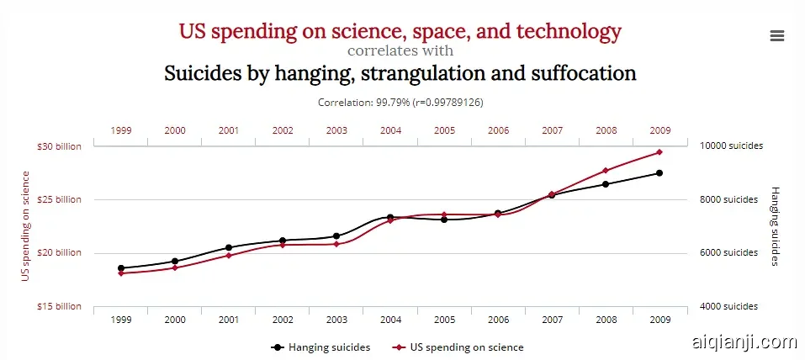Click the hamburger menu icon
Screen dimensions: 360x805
click(776, 35)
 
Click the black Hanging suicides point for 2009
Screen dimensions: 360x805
click(659, 173)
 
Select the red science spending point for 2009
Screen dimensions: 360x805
click(659, 152)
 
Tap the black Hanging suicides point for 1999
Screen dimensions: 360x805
click(121, 268)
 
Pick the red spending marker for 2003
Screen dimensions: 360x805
click(336, 244)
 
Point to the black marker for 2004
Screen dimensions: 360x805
click(390, 218)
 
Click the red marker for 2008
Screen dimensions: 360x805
click(606, 171)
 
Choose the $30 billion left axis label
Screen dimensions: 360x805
click(59, 146)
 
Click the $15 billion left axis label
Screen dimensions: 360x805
click(59, 306)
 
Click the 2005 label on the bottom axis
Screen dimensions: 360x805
click(444, 320)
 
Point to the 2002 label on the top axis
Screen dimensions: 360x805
click(283, 130)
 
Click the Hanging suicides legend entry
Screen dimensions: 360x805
click(320, 347)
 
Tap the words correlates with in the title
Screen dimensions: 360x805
click(400, 51)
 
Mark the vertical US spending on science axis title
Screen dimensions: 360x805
click(26, 225)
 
